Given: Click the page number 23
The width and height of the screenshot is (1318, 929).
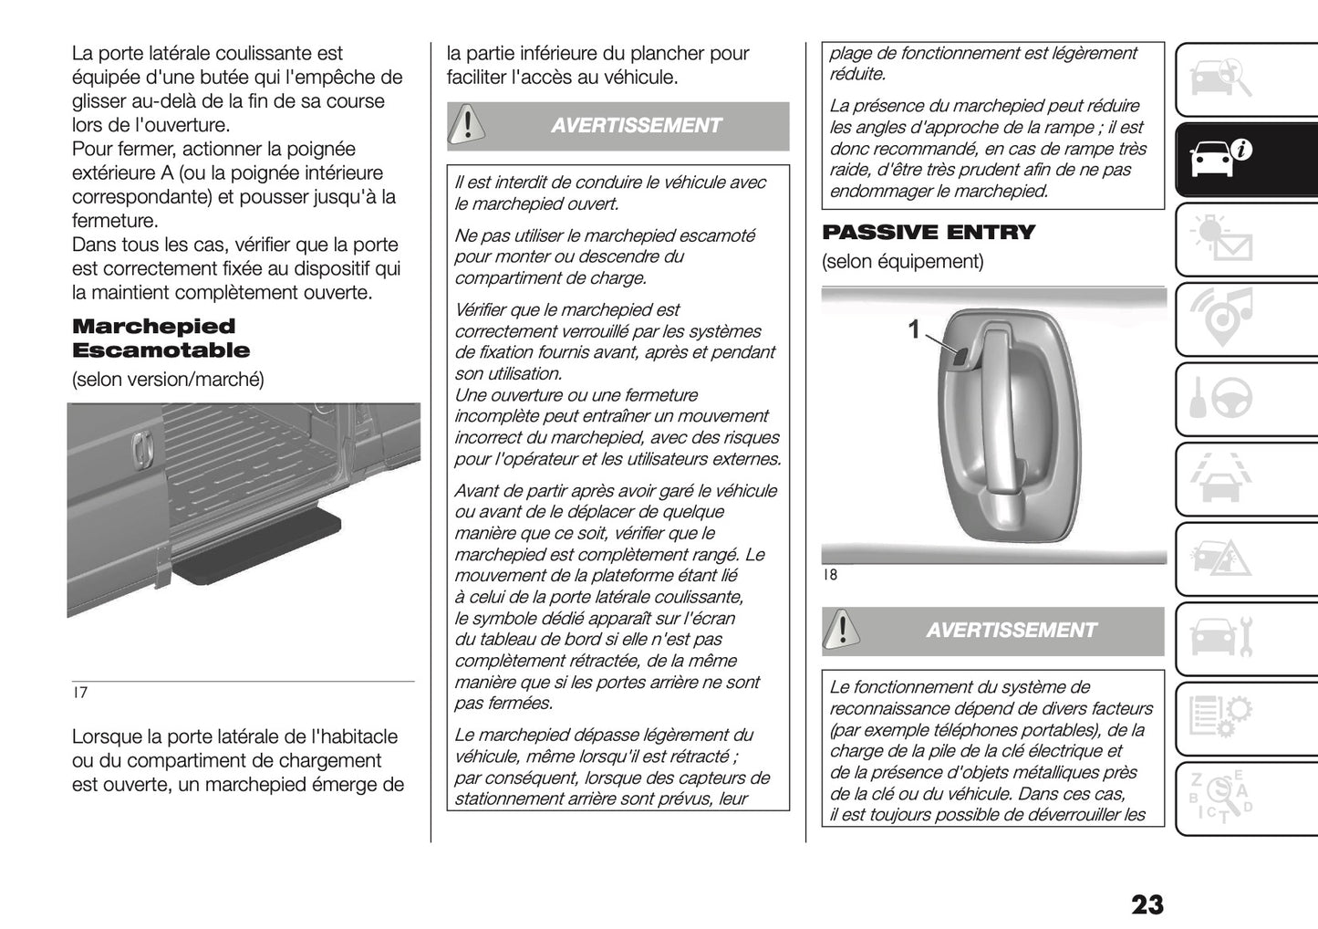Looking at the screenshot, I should (x=1147, y=904).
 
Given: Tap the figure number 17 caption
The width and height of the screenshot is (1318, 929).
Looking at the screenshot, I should (x=80, y=693).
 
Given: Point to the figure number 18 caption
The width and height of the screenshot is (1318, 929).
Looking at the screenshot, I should (x=829, y=575).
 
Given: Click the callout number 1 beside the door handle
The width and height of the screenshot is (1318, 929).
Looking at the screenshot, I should (x=914, y=329).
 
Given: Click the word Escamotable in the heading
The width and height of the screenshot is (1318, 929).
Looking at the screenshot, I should (x=161, y=350).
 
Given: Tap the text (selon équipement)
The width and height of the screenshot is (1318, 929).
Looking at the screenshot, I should (x=902, y=262).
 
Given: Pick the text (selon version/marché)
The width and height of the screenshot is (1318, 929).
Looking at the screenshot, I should (x=168, y=379).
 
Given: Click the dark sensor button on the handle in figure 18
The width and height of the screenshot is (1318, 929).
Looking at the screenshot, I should (x=960, y=360).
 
